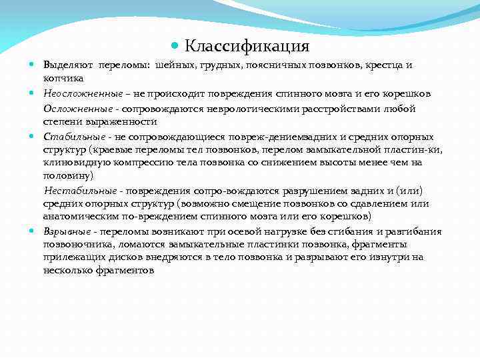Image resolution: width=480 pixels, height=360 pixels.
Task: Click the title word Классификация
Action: (247, 46)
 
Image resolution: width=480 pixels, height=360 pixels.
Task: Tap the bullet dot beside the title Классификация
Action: (175, 47)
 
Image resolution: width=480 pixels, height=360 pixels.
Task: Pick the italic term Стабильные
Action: (69, 136)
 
